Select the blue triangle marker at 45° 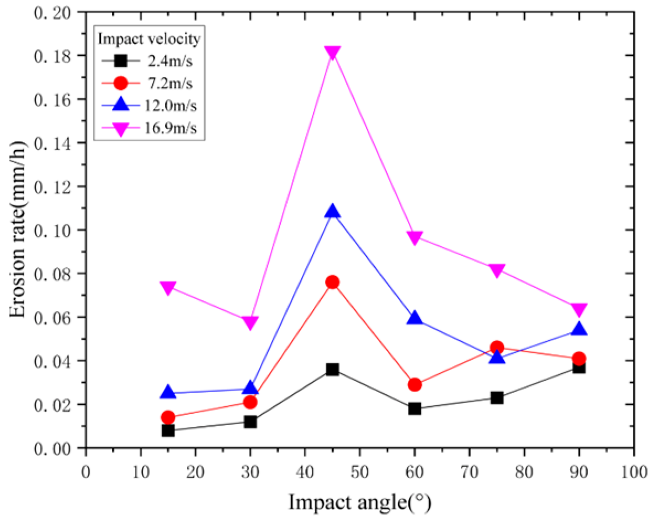click(x=332, y=211)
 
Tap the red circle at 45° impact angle click(x=332, y=282)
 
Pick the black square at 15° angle click(x=168, y=430)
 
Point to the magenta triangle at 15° click(x=168, y=287)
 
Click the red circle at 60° click(x=414, y=384)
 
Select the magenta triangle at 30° click(x=250, y=322)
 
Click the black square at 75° click(x=497, y=398)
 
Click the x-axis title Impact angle click(x=359, y=502)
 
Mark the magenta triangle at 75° click(x=497, y=270)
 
